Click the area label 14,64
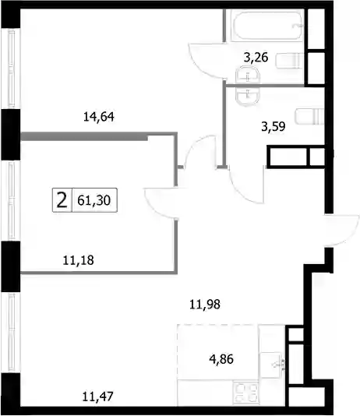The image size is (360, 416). [x=99, y=117]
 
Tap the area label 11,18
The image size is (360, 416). [x=78, y=260]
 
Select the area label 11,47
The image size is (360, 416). [x=98, y=397]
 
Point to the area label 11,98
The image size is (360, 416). [x=205, y=305]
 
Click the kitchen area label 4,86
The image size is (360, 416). [x=221, y=359]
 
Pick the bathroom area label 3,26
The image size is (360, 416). [x=256, y=57]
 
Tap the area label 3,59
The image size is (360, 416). [x=274, y=126]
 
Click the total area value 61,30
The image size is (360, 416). [x=94, y=200]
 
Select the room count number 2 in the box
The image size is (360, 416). [x=62, y=200]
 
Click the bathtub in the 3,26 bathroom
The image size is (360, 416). [x=267, y=26]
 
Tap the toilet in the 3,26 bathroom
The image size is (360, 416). [x=289, y=61]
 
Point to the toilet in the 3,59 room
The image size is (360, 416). [x=309, y=116]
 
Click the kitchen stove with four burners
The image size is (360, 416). [x=246, y=393]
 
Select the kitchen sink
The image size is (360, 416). [x=272, y=365]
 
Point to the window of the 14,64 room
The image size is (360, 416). [x=11, y=69]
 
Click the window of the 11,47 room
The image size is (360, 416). [x=11, y=333]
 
